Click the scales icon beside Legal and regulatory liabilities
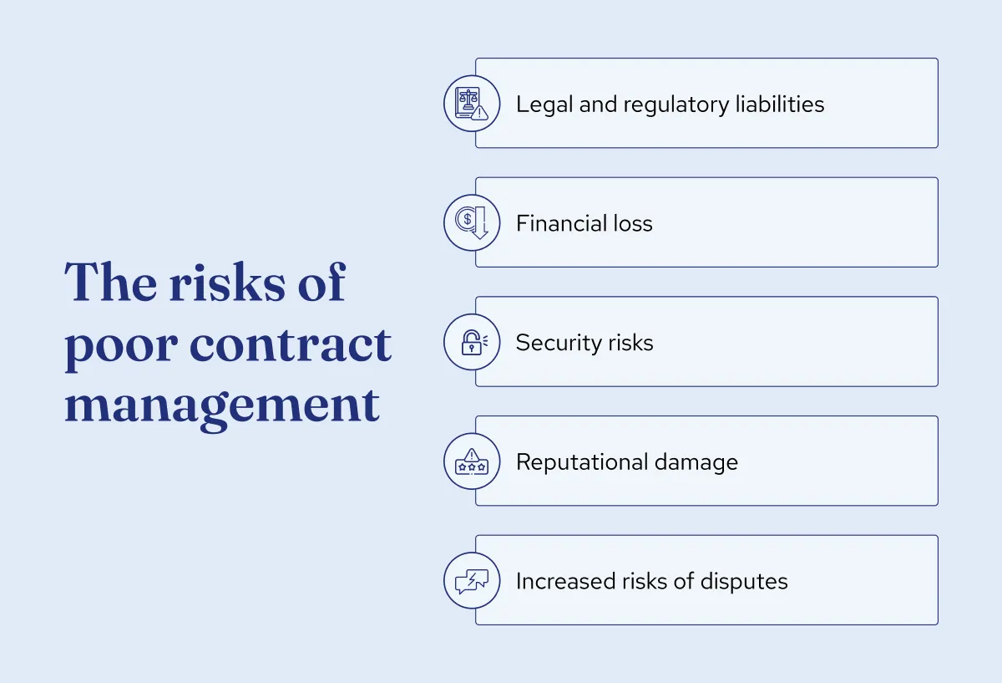pyautogui.click(x=471, y=104)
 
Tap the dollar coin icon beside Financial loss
pyautogui.click(x=471, y=223)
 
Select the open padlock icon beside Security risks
pyautogui.click(x=471, y=343)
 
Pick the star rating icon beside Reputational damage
pyautogui.click(x=471, y=461)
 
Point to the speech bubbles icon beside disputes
pyautogui.click(x=471, y=581)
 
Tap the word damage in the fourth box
pyautogui.click(x=699, y=462)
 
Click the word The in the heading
pyautogui.click(x=107, y=283)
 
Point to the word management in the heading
pyautogui.click(x=222, y=405)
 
